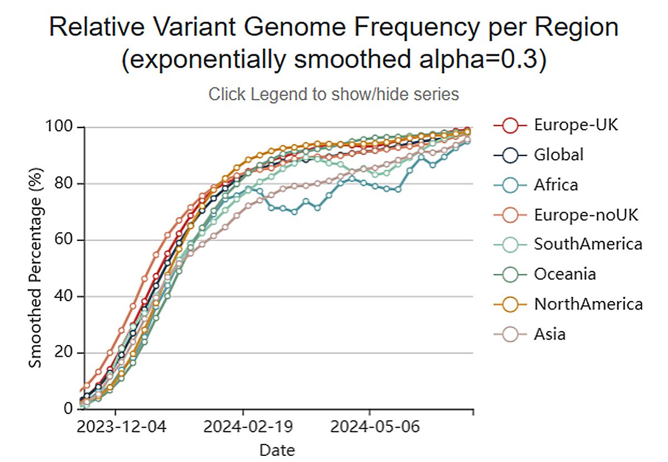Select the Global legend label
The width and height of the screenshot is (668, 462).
click(558, 155)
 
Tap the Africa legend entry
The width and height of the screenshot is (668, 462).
click(556, 184)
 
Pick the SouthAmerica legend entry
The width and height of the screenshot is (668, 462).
click(588, 244)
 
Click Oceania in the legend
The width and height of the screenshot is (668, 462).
click(564, 274)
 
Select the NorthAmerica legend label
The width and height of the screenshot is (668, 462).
click(588, 304)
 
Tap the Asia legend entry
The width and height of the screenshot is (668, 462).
click(549, 334)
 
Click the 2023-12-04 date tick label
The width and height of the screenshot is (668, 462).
click(116, 429)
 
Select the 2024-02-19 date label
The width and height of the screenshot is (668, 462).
click(243, 429)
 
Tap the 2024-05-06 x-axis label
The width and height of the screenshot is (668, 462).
click(370, 429)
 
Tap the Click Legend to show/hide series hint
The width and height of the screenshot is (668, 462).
click(333, 95)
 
